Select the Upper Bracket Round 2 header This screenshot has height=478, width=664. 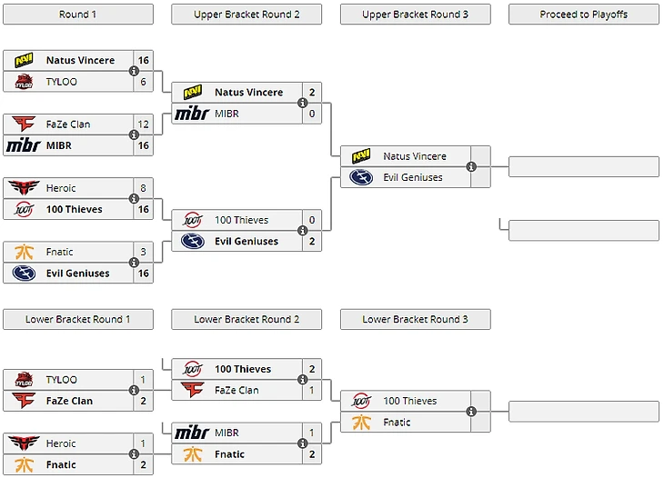pos(246,15)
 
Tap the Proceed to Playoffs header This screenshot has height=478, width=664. pos(583,15)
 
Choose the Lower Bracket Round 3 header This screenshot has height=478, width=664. pos(415,319)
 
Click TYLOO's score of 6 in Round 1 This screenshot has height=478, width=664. pos(143,82)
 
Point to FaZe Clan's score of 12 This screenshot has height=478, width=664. pos(143,124)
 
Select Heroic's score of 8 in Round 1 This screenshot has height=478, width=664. pos(143,188)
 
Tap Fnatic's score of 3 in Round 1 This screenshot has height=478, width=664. pos(143,252)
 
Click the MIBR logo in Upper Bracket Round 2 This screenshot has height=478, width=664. pos(192,114)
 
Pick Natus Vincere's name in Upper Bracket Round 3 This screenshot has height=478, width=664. pos(414,156)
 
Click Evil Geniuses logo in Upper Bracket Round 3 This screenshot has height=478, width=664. pos(361,177)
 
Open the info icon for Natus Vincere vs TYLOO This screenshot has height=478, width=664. pos(134,71)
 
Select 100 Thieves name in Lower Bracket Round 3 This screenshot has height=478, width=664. pos(409,401)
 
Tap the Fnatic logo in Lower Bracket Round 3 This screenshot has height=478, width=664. pos(361,423)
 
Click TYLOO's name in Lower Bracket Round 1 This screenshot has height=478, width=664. pos(62,380)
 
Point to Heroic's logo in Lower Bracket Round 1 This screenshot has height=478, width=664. pos(24,443)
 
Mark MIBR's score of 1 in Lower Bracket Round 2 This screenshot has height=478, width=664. pos(311,433)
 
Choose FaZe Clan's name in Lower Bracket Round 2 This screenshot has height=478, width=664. pos(236,391)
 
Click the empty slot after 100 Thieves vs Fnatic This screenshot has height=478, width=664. pos(583,412)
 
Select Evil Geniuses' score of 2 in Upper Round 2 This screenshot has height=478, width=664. pos(311,242)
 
